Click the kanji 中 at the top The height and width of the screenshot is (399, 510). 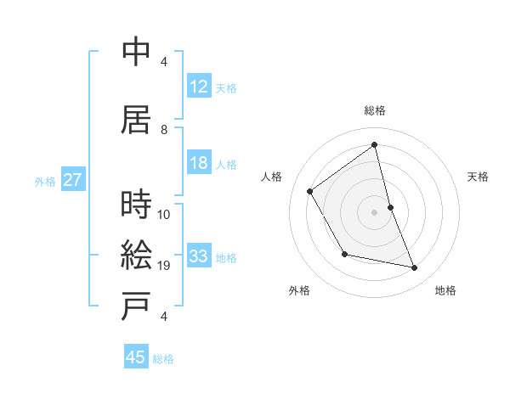[x=136, y=52]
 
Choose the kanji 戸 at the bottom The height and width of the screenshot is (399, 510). [x=136, y=308]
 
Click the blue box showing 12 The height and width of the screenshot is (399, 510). [x=199, y=87]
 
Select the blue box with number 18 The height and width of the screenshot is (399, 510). [x=199, y=163]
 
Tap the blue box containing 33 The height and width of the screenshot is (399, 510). [x=199, y=256]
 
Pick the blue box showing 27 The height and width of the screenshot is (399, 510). [x=72, y=180]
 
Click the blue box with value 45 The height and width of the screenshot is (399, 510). [x=136, y=357]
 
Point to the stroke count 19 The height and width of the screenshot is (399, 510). [x=165, y=266]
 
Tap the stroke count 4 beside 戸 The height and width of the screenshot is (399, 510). [x=165, y=317]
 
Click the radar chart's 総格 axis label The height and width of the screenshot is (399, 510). [x=374, y=111]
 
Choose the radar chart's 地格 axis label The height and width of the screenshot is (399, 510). [x=445, y=290]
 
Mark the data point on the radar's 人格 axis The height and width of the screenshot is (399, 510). [x=310, y=191]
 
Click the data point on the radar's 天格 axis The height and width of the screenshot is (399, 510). [x=390, y=206]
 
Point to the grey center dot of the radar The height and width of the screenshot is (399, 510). [x=374, y=211]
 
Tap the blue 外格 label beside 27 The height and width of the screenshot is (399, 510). [x=45, y=181]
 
